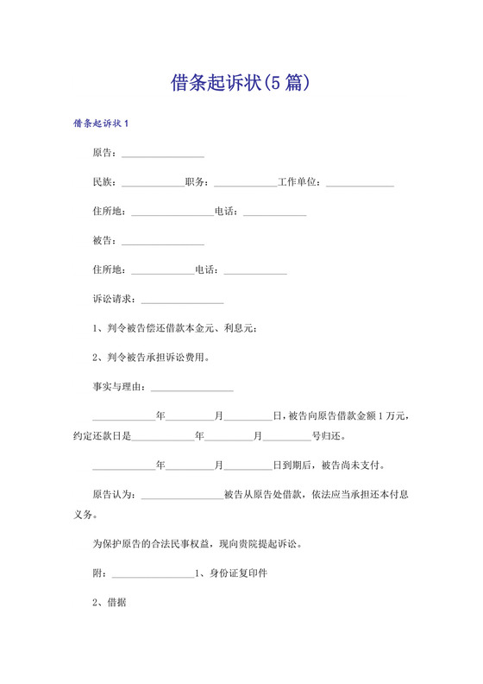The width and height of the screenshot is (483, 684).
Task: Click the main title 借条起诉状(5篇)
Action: coord(241,84)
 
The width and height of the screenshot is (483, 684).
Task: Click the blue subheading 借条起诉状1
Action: coord(101,123)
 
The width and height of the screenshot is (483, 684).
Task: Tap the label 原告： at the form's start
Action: coord(106,154)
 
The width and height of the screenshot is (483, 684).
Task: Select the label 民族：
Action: coord(106,183)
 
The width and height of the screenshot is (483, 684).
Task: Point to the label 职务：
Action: coord(199,183)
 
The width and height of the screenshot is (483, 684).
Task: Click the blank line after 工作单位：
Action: coord(360,184)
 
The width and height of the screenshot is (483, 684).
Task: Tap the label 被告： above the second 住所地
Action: coord(106,240)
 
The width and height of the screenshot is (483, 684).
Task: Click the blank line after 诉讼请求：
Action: coord(182,301)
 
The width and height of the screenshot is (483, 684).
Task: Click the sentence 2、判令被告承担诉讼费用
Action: coord(151,357)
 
